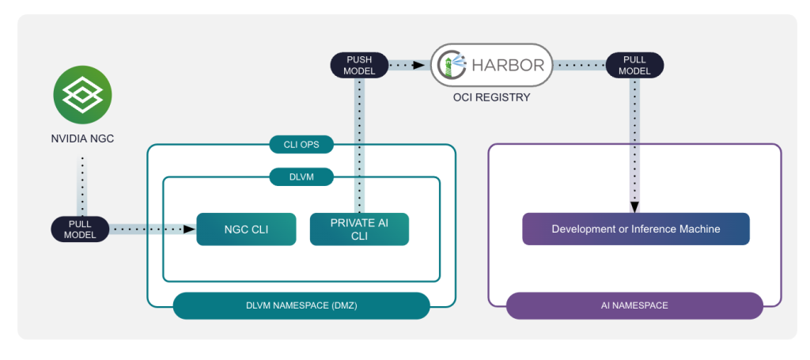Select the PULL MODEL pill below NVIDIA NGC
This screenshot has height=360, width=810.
pos(80,229)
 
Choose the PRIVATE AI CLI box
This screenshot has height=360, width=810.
pos(359,229)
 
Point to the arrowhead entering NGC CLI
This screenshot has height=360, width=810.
pos(190,229)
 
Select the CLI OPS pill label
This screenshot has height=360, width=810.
pos(301,145)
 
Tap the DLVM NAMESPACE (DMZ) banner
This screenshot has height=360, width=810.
pos(301,305)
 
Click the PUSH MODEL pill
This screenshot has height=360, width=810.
pos(359,65)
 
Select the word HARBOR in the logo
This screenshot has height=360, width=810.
pos(507,65)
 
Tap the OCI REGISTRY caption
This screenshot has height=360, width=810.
pos(491,98)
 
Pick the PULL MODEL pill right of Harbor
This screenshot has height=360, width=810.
pos(634,65)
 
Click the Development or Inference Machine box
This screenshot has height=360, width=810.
pos(635,229)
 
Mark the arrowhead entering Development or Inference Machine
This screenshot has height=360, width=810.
pos(635,208)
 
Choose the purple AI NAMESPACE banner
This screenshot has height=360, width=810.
pos(634,305)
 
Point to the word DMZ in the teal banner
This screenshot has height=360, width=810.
pos(342,305)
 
